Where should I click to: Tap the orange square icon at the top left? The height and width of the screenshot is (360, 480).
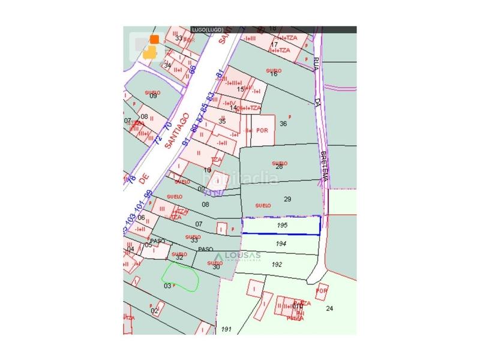coord(154,40)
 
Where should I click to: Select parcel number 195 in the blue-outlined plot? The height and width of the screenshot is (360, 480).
coord(283,224)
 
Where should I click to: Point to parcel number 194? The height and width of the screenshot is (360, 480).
coord(282,244)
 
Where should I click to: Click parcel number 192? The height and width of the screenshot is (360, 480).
coord(277,263)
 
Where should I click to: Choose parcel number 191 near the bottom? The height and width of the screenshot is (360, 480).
coord(226,329)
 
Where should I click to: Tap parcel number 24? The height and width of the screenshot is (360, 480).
coord(329,308)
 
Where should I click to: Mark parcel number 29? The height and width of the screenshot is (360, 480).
coord(287,199)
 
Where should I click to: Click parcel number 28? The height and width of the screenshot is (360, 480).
coord(279,166)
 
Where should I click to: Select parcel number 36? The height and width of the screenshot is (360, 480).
coord(283,124)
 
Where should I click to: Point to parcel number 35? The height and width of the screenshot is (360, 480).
coord(222,121)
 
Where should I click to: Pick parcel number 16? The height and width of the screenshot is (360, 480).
coord(274,74)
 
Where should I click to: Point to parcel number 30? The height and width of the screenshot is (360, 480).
coord(216,266)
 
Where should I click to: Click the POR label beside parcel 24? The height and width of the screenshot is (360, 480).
coord(322,291)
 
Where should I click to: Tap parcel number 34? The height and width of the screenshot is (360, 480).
coord(168,65)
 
